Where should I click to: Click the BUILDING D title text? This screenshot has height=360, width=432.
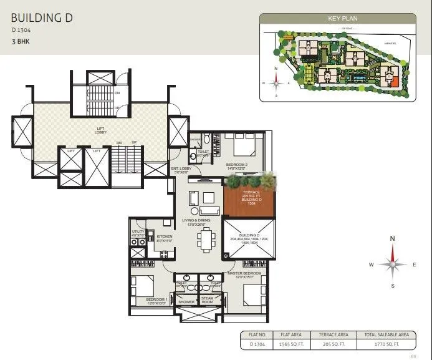[x=42, y=17]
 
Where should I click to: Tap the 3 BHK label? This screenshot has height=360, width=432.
[x=21, y=41]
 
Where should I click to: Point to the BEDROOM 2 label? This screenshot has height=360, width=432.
[x=238, y=165]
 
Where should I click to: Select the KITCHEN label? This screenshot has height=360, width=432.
[x=164, y=236]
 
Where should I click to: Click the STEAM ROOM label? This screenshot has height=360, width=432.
[x=207, y=300]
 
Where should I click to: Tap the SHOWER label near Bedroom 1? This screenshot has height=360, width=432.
[x=186, y=302]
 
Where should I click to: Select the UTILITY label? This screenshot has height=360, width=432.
[x=138, y=232]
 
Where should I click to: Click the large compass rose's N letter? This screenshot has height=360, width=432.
[x=392, y=238]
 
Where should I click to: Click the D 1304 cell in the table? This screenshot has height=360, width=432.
[x=257, y=344]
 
